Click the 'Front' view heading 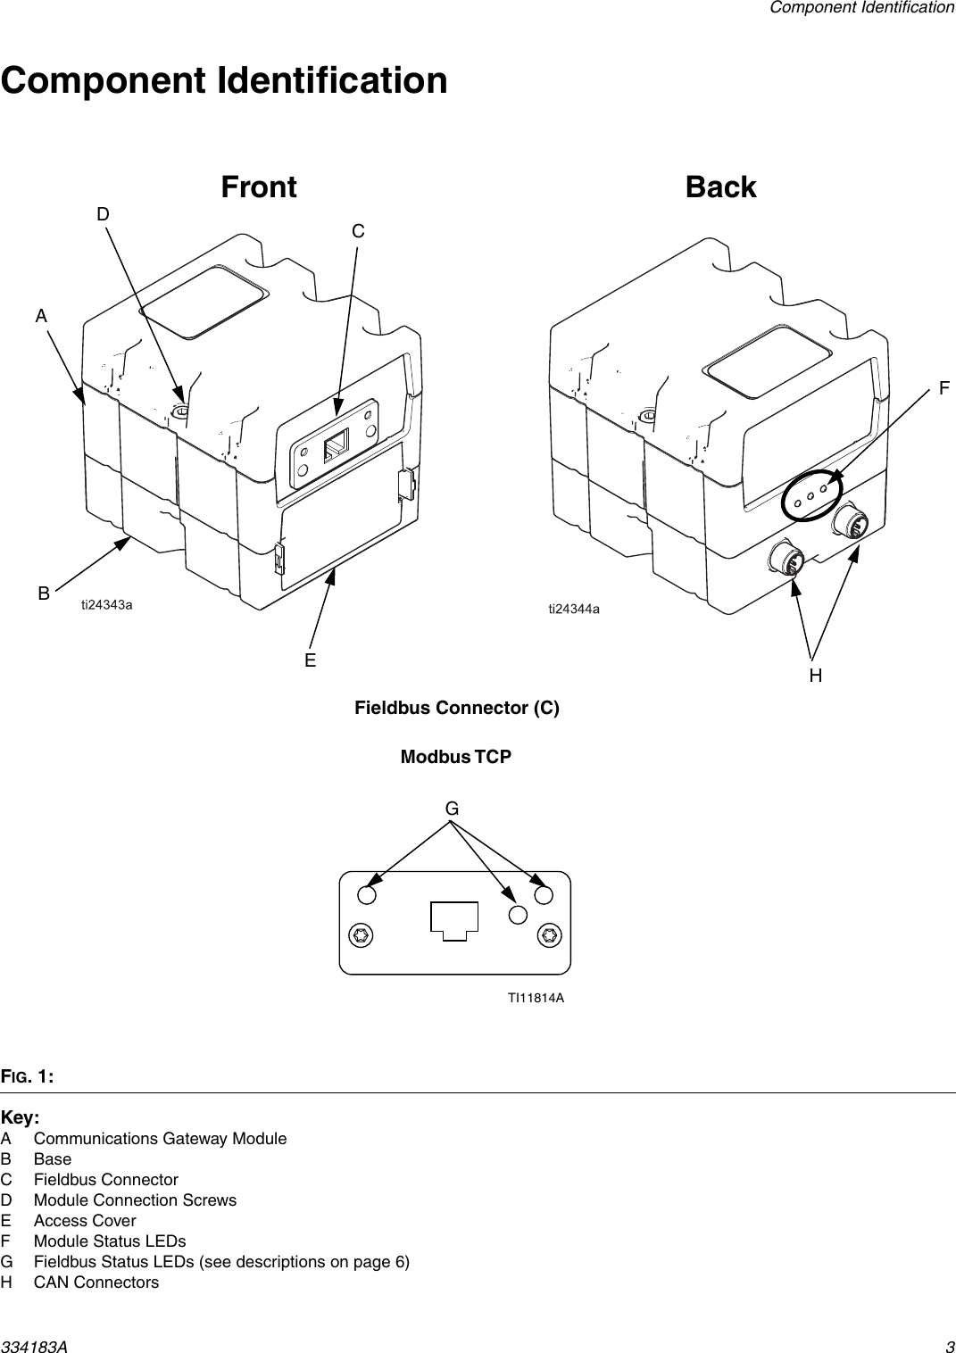click(259, 187)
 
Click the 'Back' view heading click(720, 187)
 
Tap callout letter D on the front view click(104, 215)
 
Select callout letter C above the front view click(358, 231)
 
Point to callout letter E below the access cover click(310, 660)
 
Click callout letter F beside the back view click(944, 388)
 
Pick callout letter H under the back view click(816, 676)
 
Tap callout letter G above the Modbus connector click(453, 809)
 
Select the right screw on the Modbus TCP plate click(548, 935)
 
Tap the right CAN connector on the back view click(851, 523)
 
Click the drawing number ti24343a click(107, 604)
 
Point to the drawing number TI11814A click(536, 998)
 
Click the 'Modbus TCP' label click(456, 757)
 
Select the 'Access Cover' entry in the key click(85, 1220)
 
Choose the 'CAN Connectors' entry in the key click(96, 1282)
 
